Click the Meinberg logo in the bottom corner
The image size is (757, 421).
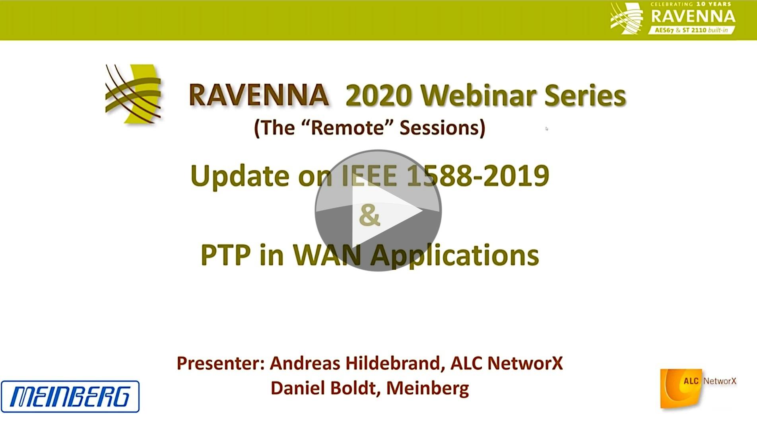[70, 396]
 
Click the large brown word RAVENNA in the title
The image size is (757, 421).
[259, 96]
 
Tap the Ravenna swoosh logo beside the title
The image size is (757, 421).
[133, 94]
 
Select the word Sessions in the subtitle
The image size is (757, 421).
[442, 128]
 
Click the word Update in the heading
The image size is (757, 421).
[240, 176]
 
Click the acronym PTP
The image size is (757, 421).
[226, 255]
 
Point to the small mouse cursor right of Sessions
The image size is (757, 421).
[547, 129]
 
